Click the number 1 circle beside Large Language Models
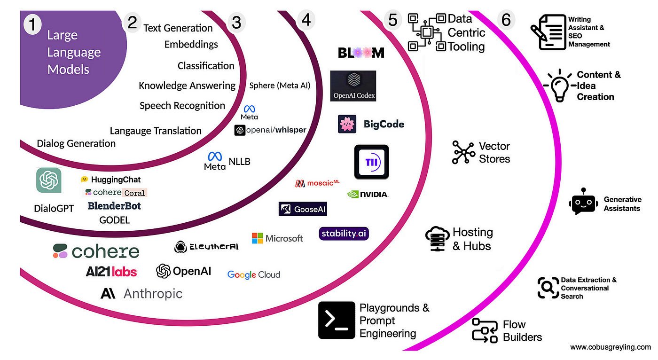[32, 24]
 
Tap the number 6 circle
[506, 20]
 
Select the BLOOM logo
[361, 53]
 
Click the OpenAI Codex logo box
[353, 86]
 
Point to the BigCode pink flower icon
[347, 124]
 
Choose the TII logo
[371, 162]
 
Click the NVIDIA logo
[368, 194]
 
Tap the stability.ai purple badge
[344, 234]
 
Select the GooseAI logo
[302, 209]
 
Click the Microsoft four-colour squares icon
[257, 238]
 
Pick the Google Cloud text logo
[254, 274]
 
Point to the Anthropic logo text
[141, 294]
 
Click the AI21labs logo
[111, 271]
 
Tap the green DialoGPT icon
[49, 180]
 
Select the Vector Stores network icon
[463, 152]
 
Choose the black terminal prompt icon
[337, 320]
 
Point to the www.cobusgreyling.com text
[611, 347]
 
